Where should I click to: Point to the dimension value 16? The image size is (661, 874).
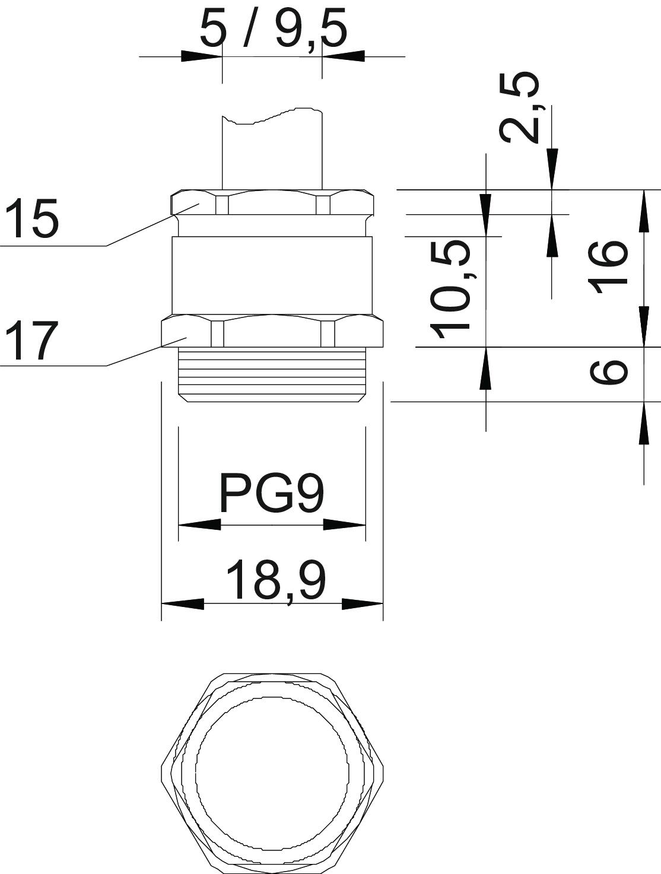[x=608, y=266]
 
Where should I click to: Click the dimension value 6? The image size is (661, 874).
[x=608, y=371]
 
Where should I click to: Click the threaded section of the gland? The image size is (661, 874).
[x=272, y=374]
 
